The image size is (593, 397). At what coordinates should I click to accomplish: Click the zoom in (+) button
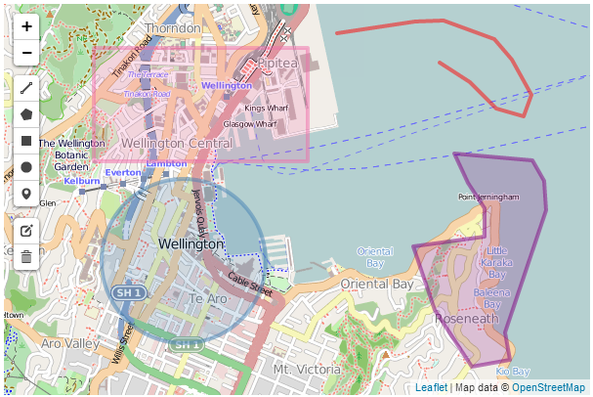pos(26,26)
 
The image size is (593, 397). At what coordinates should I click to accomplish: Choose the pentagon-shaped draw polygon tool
pos(26,114)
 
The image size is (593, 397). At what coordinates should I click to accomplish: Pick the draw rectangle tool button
pos(26,141)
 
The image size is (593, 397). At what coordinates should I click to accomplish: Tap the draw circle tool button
pos(26,167)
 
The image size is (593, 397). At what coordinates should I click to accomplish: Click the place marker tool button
pos(26,194)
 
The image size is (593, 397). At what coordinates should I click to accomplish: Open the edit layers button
pos(26,231)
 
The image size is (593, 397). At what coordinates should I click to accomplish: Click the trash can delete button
pos(26,257)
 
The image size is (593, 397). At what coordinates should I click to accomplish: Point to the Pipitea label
pos(277,63)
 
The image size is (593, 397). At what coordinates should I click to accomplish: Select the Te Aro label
pos(208,298)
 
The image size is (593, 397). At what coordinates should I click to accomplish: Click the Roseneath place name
pos(466,319)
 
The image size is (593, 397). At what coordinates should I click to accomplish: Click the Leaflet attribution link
pos(431,388)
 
